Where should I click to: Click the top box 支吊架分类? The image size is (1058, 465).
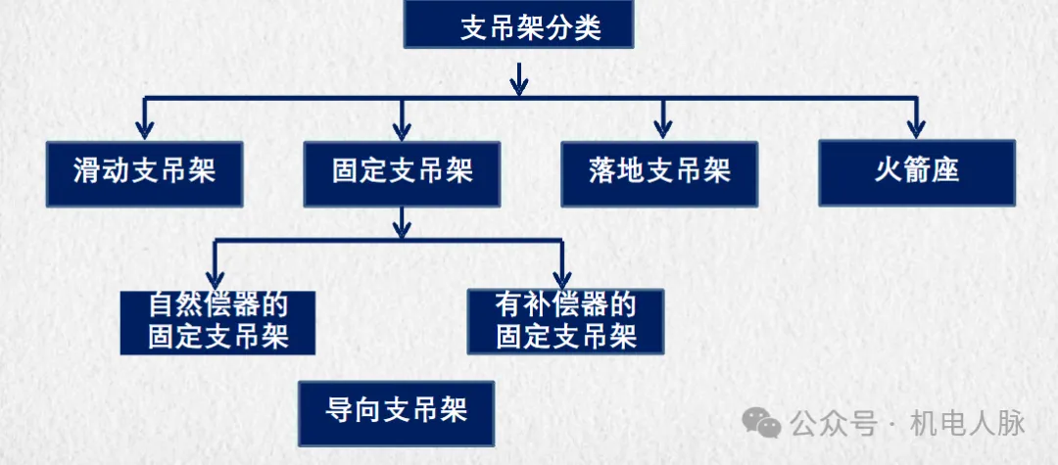pos(518,26)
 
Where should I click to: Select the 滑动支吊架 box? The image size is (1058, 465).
pos(144,173)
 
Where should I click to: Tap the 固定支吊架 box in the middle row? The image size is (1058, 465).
pos(402,173)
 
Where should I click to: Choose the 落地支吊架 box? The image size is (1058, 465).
pos(659,173)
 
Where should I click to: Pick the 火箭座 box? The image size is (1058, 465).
pos(917,171)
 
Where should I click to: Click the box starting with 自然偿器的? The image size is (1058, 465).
pos(217,321)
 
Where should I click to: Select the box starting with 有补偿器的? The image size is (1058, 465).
pos(565,320)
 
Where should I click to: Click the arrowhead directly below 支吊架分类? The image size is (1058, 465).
pos(519,84)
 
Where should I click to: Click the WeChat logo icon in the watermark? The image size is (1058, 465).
pos(761,424)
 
